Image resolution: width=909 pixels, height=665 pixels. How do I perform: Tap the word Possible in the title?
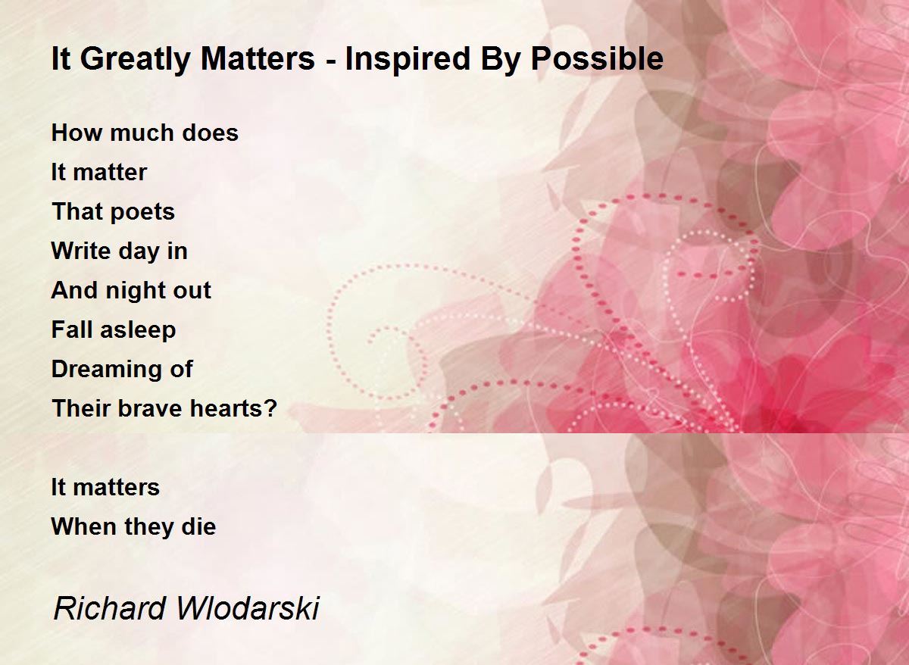pos(598,58)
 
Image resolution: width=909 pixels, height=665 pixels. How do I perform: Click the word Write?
pos(81,251)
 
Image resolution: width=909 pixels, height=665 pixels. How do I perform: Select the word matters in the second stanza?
pos(117,487)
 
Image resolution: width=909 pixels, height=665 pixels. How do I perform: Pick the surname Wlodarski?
pos(248,609)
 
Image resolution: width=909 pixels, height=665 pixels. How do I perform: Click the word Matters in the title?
pos(258,58)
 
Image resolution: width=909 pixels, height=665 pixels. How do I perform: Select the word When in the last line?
pos(84,526)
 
